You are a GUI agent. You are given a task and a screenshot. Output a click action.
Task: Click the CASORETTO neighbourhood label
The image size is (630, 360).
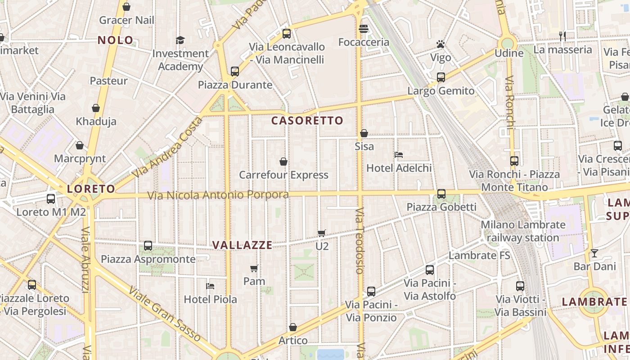tap(307, 121)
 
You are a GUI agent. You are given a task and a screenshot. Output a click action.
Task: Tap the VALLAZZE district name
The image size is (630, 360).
tap(242, 245)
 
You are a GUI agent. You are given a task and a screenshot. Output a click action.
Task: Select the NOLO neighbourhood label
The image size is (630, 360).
tap(116, 40)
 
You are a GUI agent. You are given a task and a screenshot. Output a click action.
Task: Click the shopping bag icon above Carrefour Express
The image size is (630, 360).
tap(283, 162)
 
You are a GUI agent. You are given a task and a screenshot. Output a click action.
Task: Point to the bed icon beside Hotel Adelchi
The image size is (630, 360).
tap(398, 155)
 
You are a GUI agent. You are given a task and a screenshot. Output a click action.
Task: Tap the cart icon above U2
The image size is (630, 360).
tap(322, 233)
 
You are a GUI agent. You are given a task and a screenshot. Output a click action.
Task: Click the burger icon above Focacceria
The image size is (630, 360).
tap(364, 29)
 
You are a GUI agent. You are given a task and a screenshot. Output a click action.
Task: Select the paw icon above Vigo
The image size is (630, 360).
tap(441, 44)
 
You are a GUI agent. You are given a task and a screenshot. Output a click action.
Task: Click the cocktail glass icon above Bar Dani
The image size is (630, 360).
tap(594, 253)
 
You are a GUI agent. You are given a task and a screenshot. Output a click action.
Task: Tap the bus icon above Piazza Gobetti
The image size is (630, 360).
tap(441, 194)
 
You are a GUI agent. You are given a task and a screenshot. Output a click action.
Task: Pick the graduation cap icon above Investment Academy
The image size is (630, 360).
tap(180, 40)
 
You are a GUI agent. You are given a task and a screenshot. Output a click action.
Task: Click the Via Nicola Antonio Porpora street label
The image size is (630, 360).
tap(218, 195)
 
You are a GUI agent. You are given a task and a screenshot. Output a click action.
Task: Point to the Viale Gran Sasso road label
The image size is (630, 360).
tap(165, 314)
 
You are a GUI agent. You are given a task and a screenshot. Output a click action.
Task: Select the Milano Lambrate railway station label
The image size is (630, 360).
tap(523, 231)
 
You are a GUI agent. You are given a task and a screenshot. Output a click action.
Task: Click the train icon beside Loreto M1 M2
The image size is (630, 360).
tap(51, 198)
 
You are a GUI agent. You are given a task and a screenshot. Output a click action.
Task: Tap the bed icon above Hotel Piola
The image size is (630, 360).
tap(210, 286)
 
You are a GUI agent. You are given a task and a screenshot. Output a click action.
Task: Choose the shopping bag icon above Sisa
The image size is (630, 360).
tap(364, 133)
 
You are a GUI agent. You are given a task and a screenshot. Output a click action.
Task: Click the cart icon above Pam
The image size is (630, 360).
tap(254, 268)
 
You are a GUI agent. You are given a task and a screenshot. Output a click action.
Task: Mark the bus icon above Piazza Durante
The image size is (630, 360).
tap(234, 71)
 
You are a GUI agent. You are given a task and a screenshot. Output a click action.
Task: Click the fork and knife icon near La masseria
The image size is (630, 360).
tap(562, 36)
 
